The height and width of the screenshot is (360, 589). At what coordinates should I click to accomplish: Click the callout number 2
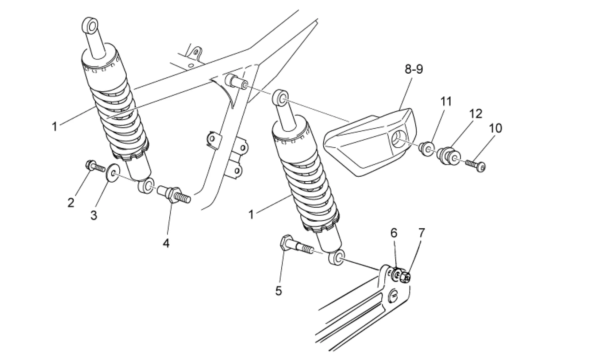coord(71,203)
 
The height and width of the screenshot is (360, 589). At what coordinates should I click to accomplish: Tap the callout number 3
coord(94,215)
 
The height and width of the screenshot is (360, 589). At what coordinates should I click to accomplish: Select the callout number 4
coord(166,243)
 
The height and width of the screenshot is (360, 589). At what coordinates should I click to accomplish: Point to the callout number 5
coord(278,291)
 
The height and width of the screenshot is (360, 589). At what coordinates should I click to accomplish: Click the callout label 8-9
coord(414,69)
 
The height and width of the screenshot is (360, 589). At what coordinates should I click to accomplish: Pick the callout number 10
coord(496,128)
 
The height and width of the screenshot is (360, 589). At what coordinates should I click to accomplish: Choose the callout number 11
coord(446,101)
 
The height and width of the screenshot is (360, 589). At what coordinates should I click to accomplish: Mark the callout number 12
coord(476,114)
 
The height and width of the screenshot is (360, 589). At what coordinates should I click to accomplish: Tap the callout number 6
coord(394,233)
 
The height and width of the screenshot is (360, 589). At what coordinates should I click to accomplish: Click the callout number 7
coord(422,233)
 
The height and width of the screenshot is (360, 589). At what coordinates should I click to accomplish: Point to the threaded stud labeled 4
coord(174,194)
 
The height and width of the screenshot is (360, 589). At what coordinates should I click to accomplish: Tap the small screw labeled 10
coord(476,165)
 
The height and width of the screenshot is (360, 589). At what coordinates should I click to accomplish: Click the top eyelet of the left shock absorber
coord(91,25)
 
